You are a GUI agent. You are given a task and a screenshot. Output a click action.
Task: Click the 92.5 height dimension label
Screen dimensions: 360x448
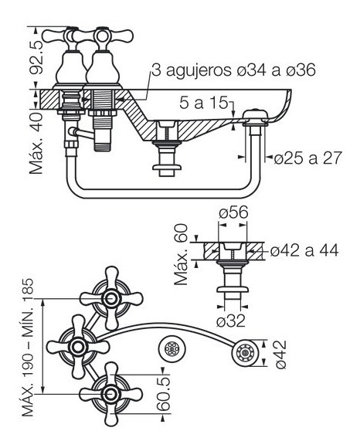coord(37,57)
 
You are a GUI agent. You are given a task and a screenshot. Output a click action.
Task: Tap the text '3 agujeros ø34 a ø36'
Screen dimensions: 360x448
coord(234,70)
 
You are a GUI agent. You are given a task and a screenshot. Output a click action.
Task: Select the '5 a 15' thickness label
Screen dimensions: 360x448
coord(204,103)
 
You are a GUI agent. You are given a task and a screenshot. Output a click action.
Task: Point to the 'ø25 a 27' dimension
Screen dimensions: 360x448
coord(307,158)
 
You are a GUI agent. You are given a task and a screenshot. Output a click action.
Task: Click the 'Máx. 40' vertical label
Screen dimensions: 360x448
coord(36,143)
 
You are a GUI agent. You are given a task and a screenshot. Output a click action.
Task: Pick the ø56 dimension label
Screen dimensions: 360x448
coord(233,212)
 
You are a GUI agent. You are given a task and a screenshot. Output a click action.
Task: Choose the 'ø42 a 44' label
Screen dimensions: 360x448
coord(304,250)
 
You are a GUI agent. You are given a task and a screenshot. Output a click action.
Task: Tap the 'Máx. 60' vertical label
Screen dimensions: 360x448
coord(181,255)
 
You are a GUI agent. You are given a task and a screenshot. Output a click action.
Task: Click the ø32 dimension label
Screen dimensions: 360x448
coord(231,321)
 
